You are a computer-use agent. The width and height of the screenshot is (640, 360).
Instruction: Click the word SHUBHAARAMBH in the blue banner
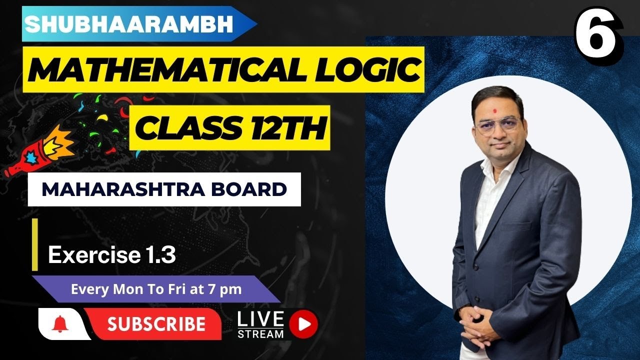click(x=129, y=24)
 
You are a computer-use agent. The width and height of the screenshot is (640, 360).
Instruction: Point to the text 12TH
click(x=288, y=128)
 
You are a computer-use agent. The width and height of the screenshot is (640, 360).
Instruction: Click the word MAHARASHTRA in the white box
click(x=123, y=189)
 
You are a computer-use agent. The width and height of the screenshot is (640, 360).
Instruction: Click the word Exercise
click(x=94, y=255)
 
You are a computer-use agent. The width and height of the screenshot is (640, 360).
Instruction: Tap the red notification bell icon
click(x=60, y=324)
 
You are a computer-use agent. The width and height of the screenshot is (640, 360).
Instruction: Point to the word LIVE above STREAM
click(x=260, y=319)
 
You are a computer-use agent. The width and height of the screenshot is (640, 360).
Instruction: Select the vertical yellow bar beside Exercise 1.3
click(x=35, y=244)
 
